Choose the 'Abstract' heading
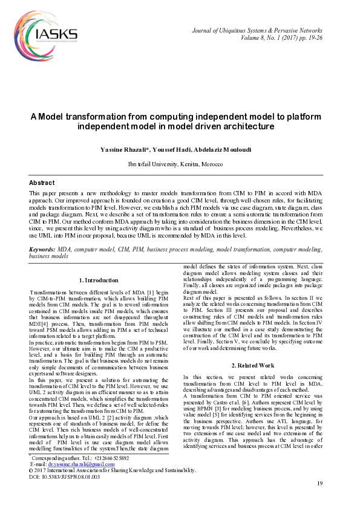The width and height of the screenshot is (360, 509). [42, 183]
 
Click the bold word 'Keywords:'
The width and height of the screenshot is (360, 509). [42, 249]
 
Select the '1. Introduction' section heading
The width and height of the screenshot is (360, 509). [99, 280]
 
